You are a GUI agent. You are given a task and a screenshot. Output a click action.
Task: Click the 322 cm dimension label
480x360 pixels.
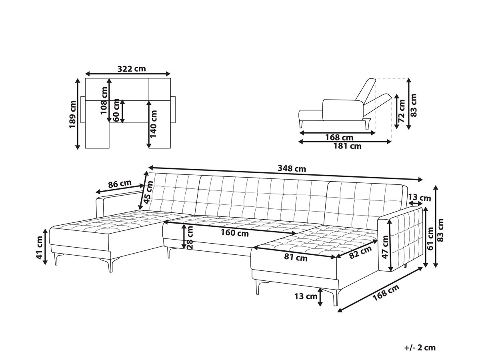pos(132,69)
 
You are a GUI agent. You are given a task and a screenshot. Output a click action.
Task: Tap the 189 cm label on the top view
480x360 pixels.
pos(72,114)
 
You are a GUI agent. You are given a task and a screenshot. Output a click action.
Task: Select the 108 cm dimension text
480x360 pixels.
pos(104,100)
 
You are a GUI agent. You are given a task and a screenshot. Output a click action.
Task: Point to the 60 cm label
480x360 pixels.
pos(116,110)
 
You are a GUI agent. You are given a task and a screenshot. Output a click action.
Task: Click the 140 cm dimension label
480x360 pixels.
pos(154,124)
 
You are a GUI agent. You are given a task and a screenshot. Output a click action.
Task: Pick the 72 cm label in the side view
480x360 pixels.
pos(402,111)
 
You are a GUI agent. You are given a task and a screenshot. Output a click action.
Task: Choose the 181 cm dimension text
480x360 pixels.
pos(347,146)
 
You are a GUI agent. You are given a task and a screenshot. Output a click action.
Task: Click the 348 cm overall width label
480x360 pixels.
pos(292,168)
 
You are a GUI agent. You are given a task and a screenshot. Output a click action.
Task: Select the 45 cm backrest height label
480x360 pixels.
pos(148,192)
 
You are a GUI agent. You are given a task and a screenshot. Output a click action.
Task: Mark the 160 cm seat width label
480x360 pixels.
pos(235,233)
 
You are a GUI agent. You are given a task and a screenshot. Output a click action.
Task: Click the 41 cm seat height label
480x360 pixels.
pos(40,248)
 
